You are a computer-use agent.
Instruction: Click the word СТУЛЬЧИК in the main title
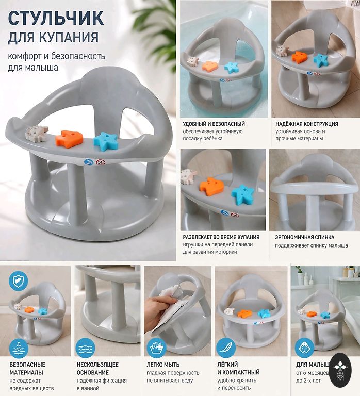tap(56, 18)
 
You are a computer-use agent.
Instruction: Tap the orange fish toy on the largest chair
tap(69, 139)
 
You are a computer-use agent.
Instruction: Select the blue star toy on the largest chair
tap(106, 140)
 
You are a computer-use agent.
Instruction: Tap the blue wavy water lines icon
tap(85, 348)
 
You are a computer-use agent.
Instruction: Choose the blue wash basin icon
tap(157, 348)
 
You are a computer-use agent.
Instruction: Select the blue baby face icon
tap(304, 348)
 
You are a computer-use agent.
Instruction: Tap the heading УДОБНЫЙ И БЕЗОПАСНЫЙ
tap(214, 124)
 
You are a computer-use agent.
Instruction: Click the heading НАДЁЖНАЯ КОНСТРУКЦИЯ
tap(307, 124)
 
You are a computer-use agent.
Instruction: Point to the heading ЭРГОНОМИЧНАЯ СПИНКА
tap(304, 237)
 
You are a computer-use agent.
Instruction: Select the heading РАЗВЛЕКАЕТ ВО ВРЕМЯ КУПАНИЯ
tap(221, 237)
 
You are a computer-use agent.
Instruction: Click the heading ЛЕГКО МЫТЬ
tap(163, 365)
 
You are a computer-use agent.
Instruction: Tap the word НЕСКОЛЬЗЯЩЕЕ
tap(97, 365)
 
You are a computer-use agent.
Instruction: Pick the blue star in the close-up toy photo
tap(242, 194)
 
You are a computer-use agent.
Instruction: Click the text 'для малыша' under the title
tap(33, 68)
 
